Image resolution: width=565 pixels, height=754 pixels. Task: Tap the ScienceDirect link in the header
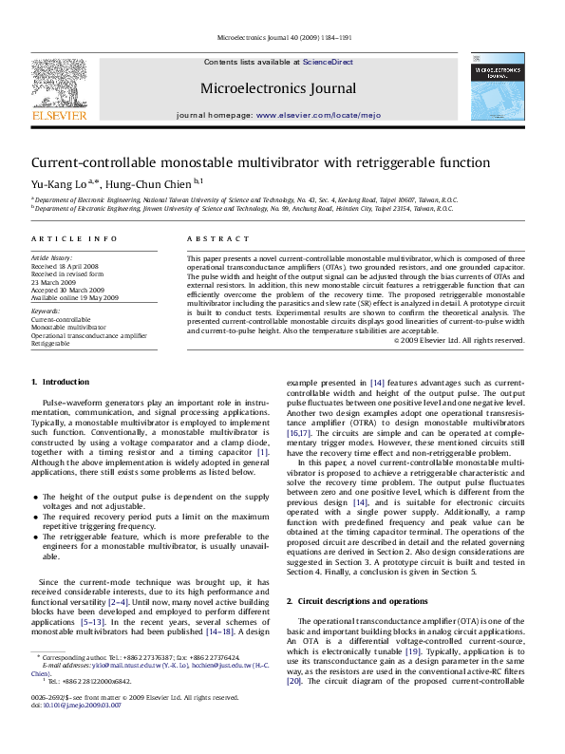[x=328, y=62]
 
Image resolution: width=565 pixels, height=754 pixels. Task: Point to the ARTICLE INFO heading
[x=75, y=238]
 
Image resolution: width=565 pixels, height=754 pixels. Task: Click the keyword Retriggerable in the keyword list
[x=50, y=342]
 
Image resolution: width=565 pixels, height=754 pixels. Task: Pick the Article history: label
[x=51, y=257]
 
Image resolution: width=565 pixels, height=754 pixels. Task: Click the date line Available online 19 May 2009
[x=74, y=297]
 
